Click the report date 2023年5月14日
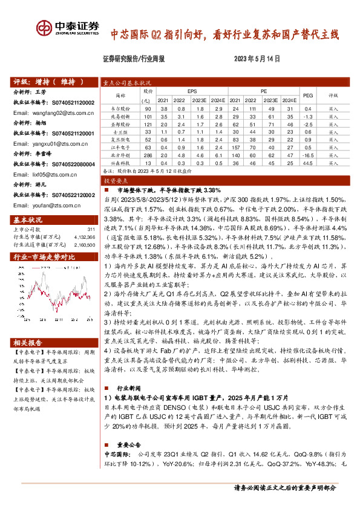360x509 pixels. click(258, 59)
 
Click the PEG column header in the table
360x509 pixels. click(307, 95)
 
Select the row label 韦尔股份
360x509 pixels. click(120, 108)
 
